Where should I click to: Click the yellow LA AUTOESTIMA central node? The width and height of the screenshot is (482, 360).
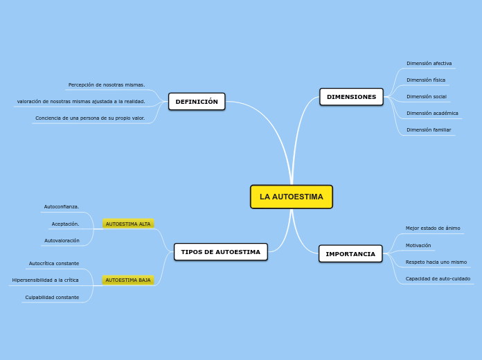pyautogui.click(x=291, y=197)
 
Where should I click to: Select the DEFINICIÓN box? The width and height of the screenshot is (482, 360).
pyautogui.click(x=197, y=102)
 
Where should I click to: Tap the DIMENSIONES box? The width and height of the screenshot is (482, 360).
pyautogui.click(x=351, y=97)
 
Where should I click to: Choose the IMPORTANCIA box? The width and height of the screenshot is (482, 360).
pyautogui.click(x=350, y=254)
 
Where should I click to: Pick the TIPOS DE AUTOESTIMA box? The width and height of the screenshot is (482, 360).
pyautogui.click(x=220, y=252)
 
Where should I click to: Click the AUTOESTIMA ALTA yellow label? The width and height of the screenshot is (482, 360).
pyautogui.click(x=128, y=224)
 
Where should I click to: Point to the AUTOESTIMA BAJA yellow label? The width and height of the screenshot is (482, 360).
pyautogui.click(x=128, y=280)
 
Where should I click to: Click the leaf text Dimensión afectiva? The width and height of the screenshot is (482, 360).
pyautogui.click(x=429, y=64)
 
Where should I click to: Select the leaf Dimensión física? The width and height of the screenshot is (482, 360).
pyautogui.click(x=426, y=80)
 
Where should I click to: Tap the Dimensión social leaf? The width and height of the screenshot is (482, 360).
pyautogui.click(x=426, y=97)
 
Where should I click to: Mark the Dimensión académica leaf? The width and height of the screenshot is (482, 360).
pyautogui.click(x=432, y=113)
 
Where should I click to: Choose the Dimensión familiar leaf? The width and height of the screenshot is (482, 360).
pyautogui.click(x=429, y=129)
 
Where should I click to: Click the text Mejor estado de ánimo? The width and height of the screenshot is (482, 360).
pyautogui.click(x=433, y=228)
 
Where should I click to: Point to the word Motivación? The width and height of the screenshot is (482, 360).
pyautogui.click(x=418, y=245)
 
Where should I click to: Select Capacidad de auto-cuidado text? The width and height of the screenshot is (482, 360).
pyautogui.click(x=438, y=279)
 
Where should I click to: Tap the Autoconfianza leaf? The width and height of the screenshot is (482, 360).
pyautogui.click(x=62, y=207)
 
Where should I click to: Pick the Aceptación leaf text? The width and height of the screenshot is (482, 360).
pyautogui.click(x=65, y=224)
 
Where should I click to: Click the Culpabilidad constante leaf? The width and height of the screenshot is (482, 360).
pyautogui.click(x=52, y=298)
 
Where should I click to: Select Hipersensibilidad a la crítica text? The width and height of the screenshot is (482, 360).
pyautogui.click(x=45, y=280)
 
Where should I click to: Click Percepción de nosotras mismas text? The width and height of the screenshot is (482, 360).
pyautogui.click(x=107, y=85)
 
